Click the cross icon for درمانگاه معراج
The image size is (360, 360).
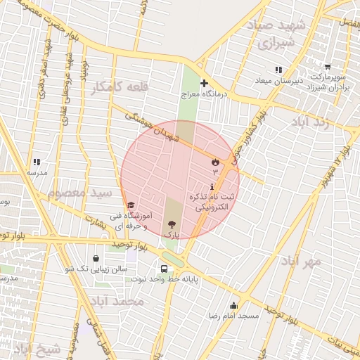click(x=204, y=83)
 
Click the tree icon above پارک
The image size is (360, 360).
click(x=172, y=224)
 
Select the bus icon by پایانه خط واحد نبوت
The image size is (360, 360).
click(x=164, y=269)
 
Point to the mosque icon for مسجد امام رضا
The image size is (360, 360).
click(x=233, y=306)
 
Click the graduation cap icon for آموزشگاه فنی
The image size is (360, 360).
click(x=131, y=205)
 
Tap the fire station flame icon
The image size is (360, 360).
click(x=214, y=162)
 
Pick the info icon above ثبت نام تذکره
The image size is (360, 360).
click(x=212, y=186)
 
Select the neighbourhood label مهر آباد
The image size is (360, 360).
click(x=300, y=261)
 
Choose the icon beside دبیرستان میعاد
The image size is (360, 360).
click(x=278, y=70)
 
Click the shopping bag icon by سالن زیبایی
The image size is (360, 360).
click(x=96, y=258)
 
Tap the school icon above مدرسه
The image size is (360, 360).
click(x=37, y=162)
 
